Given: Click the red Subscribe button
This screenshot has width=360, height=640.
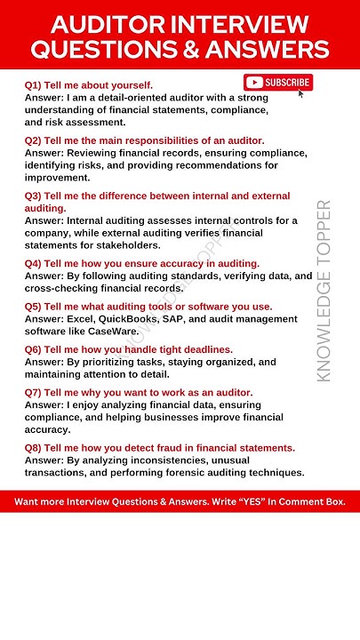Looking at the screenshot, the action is click(x=278, y=83).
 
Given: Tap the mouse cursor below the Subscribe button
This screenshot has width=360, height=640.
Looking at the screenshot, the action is click(x=301, y=93).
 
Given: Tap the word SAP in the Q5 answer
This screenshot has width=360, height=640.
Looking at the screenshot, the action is click(x=180, y=318).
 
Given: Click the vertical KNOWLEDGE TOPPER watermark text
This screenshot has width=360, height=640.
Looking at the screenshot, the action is click(x=324, y=291).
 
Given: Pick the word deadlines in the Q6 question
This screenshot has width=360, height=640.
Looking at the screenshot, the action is click(x=205, y=349).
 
